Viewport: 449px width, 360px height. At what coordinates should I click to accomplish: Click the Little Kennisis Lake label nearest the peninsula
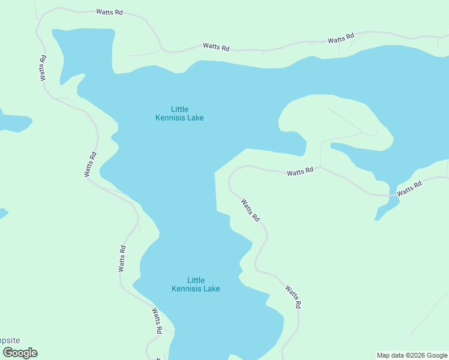tap(179, 113)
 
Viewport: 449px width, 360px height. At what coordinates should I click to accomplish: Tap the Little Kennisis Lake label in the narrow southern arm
tap(196, 284)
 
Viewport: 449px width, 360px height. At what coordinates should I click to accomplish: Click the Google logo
tap(20, 353)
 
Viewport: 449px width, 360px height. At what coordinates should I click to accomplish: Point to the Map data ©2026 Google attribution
tap(412, 355)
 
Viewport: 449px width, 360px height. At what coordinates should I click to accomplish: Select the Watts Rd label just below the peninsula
tap(300, 172)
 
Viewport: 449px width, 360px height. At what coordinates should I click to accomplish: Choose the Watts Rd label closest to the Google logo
tap(157, 321)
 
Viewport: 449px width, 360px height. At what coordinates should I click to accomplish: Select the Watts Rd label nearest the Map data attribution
tap(292, 297)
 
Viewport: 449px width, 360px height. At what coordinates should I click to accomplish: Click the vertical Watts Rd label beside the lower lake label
tap(122, 259)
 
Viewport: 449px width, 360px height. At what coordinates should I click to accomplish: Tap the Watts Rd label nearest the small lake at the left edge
tap(91, 164)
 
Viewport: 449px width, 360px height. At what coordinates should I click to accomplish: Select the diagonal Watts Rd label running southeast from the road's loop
tap(250, 210)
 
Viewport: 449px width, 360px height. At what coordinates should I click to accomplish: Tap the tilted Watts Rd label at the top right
tap(341, 39)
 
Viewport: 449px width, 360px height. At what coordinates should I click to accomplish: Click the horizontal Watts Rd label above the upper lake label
tap(216, 46)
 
